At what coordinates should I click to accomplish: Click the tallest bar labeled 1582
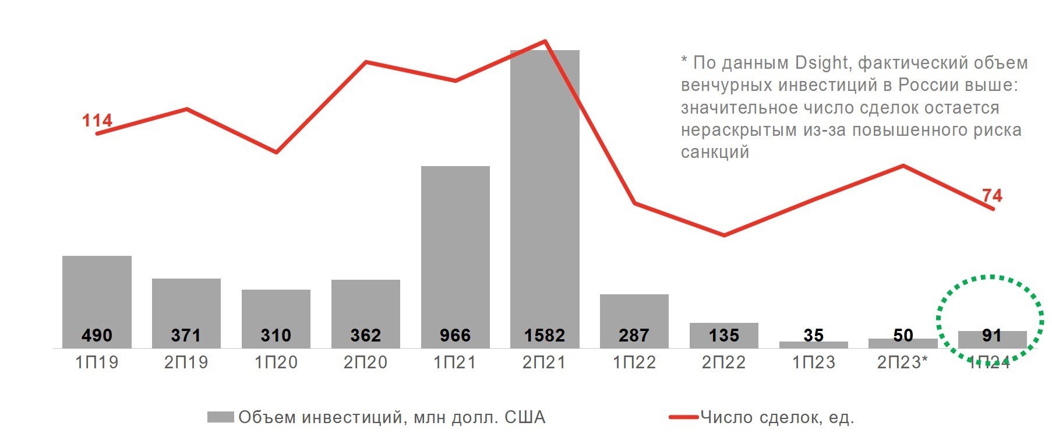pyautogui.click(x=545, y=198)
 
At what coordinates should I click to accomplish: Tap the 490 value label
pyautogui.click(x=97, y=335)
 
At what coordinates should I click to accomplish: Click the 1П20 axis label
pyautogui.click(x=276, y=362)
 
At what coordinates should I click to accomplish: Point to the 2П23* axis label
pyautogui.click(x=902, y=362)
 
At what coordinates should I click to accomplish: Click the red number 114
pyautogui.click(x=97, y=121)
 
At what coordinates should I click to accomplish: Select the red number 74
pyautogui.click(x=992, y=195)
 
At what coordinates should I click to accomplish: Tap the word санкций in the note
pyautogui.click(x=715, y=152)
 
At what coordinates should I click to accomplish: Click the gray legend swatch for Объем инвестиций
pyautogui.click(x=220, y=417)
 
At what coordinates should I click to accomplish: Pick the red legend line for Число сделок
pyautogui.click(x=683, y=417)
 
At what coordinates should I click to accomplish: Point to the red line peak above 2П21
pyautogui.click(x=545, y=41)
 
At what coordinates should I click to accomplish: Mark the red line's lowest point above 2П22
pyautogui.click(x=724, y=235)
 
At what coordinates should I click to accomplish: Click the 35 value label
pyautogui.click(x=813, y=335)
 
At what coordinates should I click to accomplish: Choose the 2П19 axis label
pyautogui.click(x=186, y=362)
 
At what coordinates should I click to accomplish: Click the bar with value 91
pyautogui.click(x=992, y=339)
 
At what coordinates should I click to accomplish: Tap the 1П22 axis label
pyautogui.click(x=634, y=362)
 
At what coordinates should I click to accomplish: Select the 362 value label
pyautogui.click(x=366, y=335)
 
